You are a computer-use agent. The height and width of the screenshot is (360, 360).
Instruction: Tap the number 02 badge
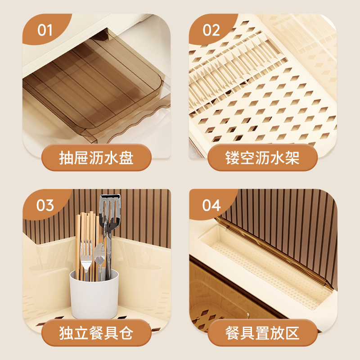pyautogui.click(x=211, y=30)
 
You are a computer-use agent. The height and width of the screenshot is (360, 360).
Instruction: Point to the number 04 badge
pyautogui.click(x=211, y=205)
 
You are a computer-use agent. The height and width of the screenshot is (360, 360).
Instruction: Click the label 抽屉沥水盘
pyautogui.click(x=96, y=157)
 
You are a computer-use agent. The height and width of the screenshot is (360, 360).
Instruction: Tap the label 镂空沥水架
pyautogui.click(x=262, y=157)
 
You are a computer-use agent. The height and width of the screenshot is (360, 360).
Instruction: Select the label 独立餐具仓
pyautogui.click(x=96, y=333)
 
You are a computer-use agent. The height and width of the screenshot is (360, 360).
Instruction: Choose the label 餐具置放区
pyautogui.click(x=262, y=333)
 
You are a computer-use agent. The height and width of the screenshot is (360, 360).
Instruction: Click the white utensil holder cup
pyautogui.click(x=94, y=295)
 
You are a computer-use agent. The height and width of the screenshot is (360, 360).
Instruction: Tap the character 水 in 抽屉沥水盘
pyautogui.click(x=111, y=157)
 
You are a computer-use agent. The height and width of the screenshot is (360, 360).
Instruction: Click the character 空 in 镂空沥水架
pyautogui.click(x=247, y=157)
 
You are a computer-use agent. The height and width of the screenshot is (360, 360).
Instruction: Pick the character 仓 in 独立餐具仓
pyautogui.click(x=126, y=333)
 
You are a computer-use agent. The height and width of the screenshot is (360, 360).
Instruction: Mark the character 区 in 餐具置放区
pyautogui.click(x=292, y=333)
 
